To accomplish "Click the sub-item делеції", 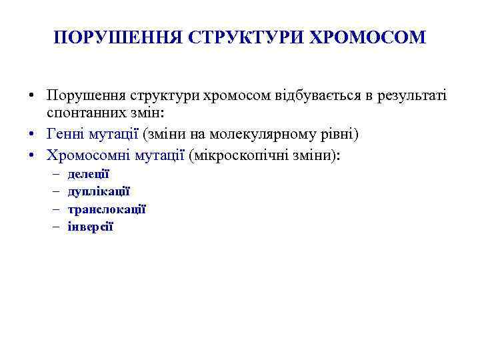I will tap(88, 174).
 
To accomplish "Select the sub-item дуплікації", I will tap(99, 191).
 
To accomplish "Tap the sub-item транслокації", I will tap(107, 209).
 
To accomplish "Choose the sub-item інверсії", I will tap(91, 226).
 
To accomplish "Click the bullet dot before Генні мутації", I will tap(32, 135).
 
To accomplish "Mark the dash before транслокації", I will tap(53, 209).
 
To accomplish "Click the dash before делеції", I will tap(53, 174).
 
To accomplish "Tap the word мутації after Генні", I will tap(114, 134).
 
